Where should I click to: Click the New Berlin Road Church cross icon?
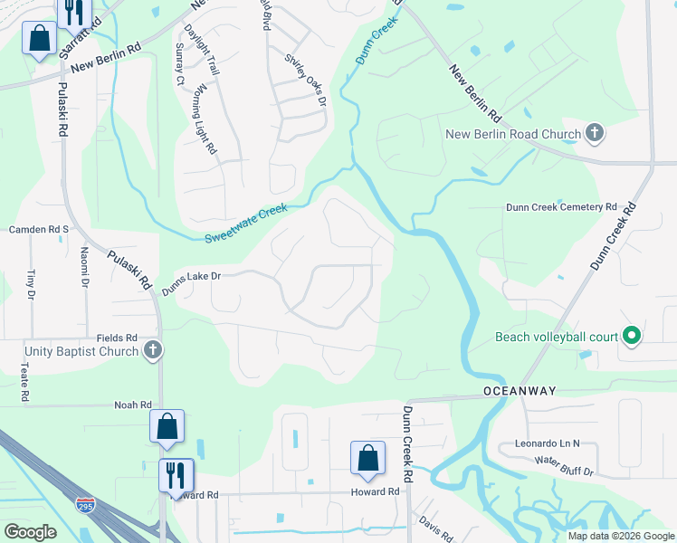pos(594,134)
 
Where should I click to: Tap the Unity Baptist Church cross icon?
pos(153,350)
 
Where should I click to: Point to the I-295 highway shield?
pos(86,502)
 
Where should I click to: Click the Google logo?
pos(30,532)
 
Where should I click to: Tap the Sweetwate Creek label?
pos(245,223)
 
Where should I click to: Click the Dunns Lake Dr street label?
pos(191,284)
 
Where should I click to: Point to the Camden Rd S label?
pos(39,230)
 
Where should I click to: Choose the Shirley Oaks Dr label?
pos(306,80)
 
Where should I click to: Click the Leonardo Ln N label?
pos(547,443)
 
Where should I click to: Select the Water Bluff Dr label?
pos(563,466)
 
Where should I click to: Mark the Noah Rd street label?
pos(131,405)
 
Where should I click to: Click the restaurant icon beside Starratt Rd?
pos(72,11)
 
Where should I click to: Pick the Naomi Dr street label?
pos(83,268)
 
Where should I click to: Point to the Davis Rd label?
pos(436,529)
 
